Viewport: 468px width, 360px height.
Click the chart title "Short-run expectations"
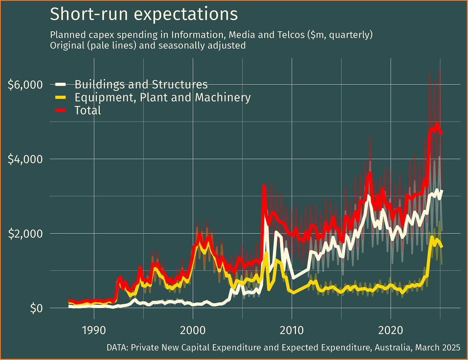click(144, 14)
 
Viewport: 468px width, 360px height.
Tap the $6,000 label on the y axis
click(25, 85)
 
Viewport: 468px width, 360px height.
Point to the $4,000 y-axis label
click(25, 159)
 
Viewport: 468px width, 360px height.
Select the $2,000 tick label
click(25, 234)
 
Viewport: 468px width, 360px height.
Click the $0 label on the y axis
click(36, 309)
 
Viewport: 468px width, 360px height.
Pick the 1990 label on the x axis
click(94, 330)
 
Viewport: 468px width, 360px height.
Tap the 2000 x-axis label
click(193, 330)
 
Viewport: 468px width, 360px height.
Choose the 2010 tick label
click(292, 330)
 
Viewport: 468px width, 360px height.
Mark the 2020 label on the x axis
click(391, 330)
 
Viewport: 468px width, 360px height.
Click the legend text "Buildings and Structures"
click(141, 85)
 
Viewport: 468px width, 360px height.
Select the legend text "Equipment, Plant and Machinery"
click(162, 98)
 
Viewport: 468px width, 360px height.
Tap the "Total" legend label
click(87, 111)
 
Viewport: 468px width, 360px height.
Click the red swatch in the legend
click(60, 111)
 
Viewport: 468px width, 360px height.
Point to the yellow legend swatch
click(60, 98)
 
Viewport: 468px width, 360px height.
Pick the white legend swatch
click(60, 85)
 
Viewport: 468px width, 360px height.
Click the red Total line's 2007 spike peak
click(264, 186)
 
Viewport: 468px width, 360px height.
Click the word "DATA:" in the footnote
click(117, 348)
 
